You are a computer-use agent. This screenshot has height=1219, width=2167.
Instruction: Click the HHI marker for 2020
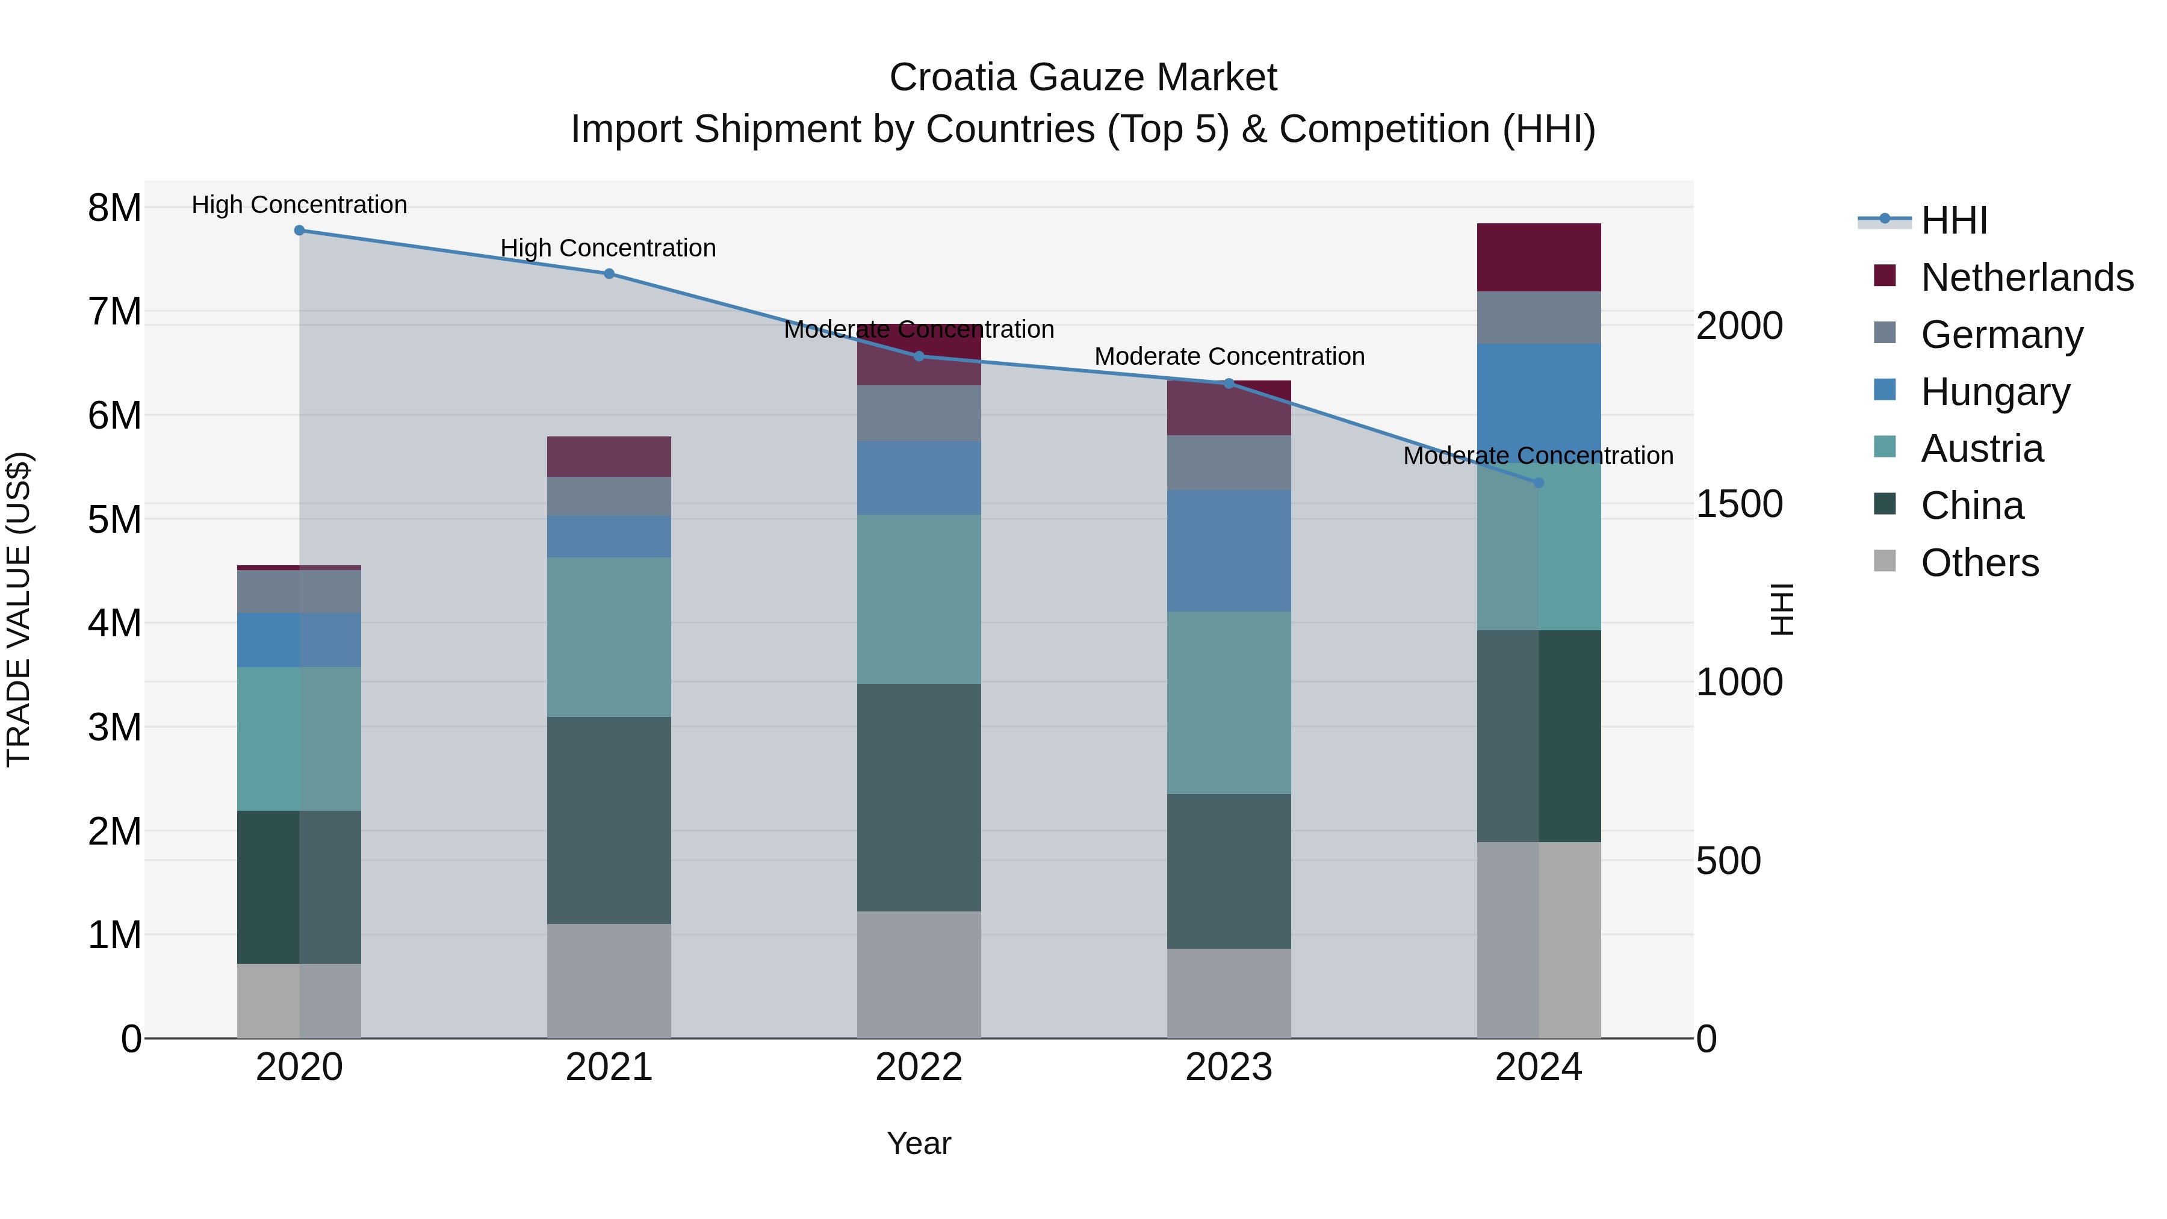coord(300,231)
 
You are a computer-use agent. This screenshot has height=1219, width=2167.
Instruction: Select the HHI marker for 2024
coord(1539,483)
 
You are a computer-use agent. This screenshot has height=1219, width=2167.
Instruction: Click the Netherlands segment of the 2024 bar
coord(1539,258)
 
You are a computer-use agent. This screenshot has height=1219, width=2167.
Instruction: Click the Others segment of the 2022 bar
coord(919,974)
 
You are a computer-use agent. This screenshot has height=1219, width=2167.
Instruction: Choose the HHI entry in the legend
coord(1954,220)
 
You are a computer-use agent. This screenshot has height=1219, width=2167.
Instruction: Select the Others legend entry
coord(1979,563)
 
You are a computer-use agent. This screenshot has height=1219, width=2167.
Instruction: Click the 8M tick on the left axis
coord(114,208)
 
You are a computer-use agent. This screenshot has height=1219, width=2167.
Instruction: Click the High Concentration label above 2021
coord(608,248)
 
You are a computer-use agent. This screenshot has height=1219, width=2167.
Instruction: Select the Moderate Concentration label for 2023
coord(1229,357)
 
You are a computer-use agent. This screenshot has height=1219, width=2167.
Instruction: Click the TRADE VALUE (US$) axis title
coord(19,609)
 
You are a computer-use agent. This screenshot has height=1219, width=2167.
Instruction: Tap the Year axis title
coord(919,1143)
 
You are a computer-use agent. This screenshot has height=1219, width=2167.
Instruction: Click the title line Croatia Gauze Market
coord(1083,78)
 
